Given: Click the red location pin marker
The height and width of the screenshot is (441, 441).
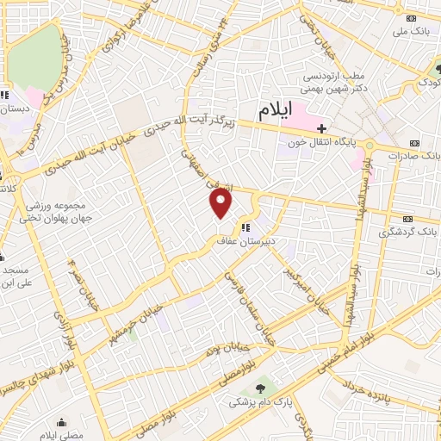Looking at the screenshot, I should (221, 203).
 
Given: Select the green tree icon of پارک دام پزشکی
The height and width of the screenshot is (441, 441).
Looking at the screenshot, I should (260, 388).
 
